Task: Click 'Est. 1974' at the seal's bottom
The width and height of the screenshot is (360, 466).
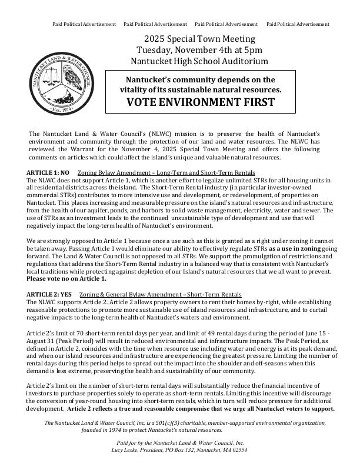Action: click(x=61, y=109)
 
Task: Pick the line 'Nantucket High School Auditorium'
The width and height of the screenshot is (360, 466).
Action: click(x=200, y=61)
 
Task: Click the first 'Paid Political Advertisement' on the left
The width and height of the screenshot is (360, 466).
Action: click(x=84, y=24)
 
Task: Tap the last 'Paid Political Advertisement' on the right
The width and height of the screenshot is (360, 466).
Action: click(x=298, y=24)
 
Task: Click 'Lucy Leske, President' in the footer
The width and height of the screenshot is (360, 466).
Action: click(x=138, y=449)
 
